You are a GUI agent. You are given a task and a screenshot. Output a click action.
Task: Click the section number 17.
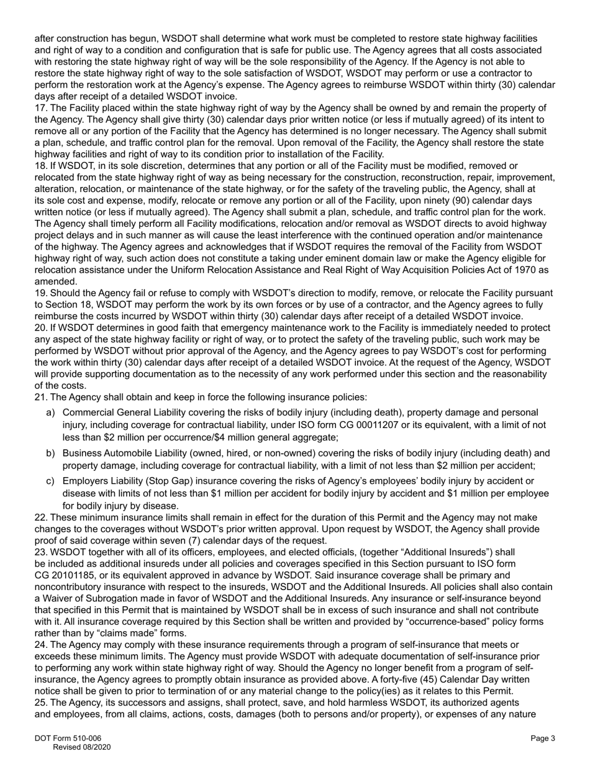pyautogui.click(x=40, y=108)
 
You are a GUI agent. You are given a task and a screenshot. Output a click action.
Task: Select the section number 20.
pyautogui.click(x=40, y=327)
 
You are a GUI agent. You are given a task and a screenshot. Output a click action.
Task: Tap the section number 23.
pyautogui.click(x=40, y=552)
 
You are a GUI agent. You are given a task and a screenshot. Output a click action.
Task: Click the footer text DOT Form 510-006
pyautogui.click(x=68, y=738)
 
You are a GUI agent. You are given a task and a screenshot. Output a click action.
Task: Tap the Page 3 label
pyautogui.click(x=542, y=738)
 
